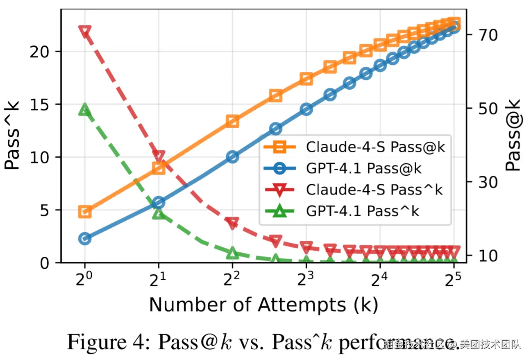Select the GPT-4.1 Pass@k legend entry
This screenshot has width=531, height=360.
tap(364, 168)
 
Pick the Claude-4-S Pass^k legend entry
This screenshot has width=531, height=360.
tap(374, 190)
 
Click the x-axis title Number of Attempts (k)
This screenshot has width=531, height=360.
tap(263, 305)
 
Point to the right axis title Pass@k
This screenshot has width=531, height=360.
tap(513, 135)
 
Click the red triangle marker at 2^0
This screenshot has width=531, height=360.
tap(85, 32)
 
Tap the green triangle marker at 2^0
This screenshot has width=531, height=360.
tap(85, 110)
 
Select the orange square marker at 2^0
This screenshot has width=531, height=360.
tap(85, 212)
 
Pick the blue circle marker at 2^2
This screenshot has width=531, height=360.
tap(232, 157)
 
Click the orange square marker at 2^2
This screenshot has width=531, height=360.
tap(232, 121)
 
